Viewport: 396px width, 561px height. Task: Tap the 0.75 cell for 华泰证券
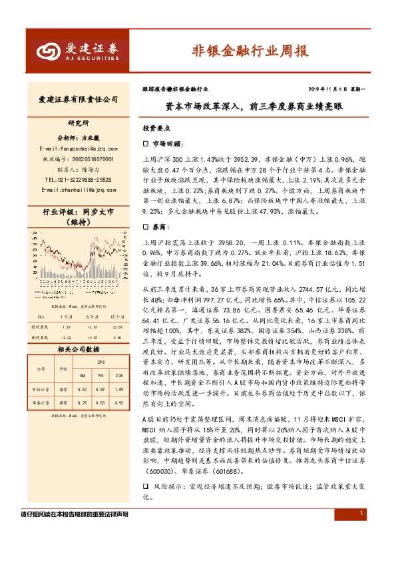(81, 403)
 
